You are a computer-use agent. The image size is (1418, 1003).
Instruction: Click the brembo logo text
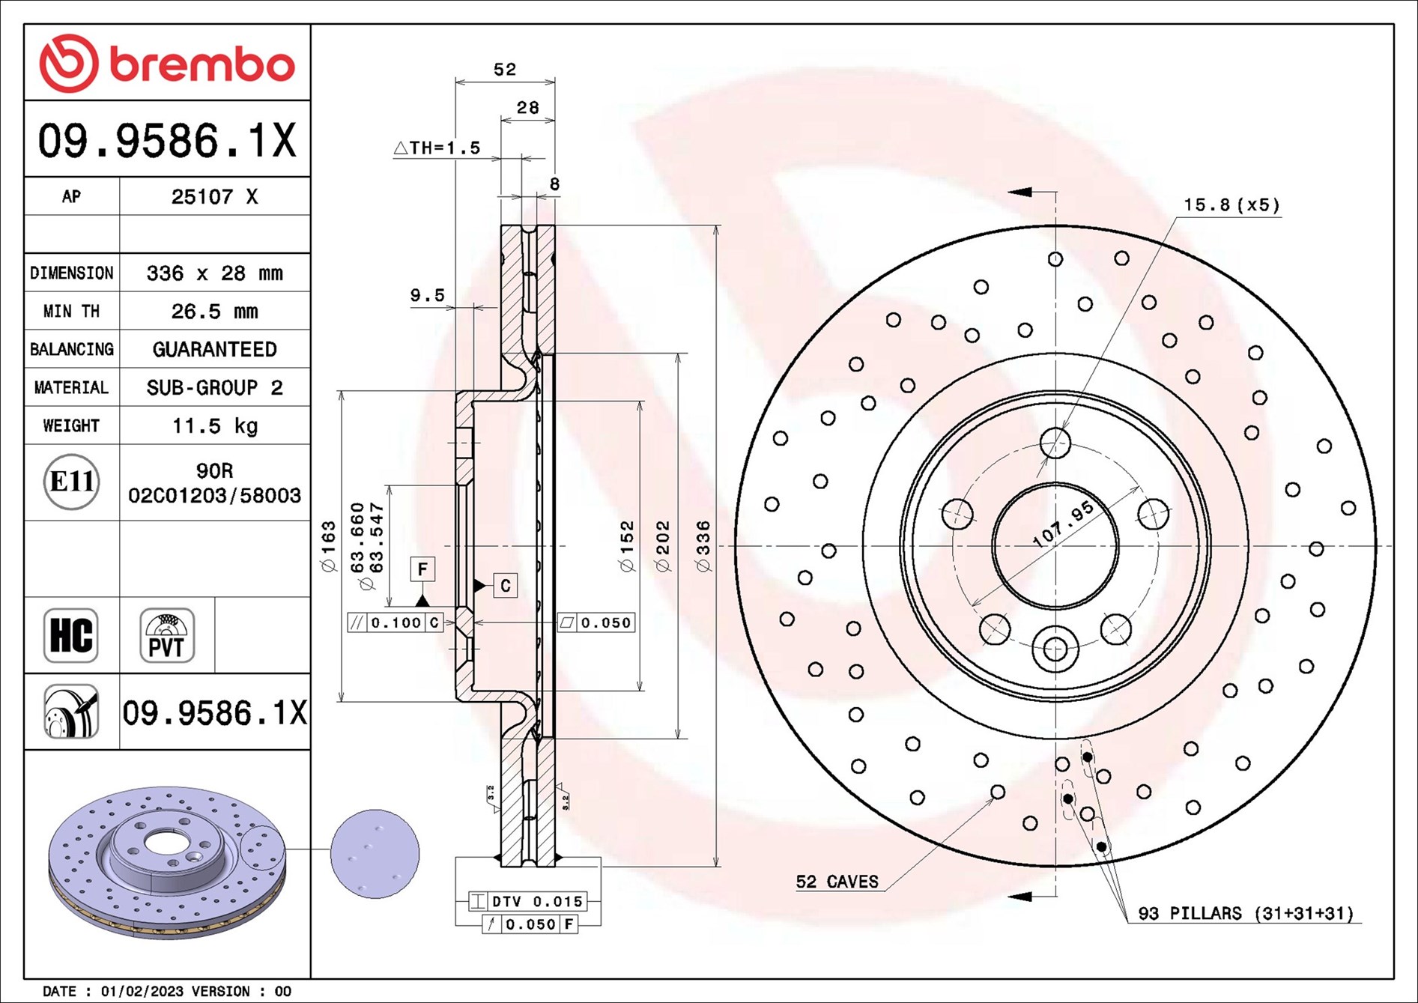pos(202,64)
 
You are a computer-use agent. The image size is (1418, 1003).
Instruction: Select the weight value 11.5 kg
pos(215,426)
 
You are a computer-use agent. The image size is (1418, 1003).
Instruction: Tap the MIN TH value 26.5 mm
pos(215,312)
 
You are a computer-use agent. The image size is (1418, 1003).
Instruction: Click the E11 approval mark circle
pos(72,482)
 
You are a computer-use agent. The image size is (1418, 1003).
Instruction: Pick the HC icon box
pos(71,635)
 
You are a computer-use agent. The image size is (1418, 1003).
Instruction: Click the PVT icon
pos(167,635)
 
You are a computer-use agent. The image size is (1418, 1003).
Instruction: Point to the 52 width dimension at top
pos(505,70)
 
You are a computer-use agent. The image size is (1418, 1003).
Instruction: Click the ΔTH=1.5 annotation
pos(437,148)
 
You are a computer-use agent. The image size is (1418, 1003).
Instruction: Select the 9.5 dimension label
pos(427,296)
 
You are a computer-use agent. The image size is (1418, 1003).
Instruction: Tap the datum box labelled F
pos(422,569)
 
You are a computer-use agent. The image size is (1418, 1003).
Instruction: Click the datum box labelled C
pos(506,586)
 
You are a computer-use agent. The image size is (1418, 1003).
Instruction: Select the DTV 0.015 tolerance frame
pos(527,901)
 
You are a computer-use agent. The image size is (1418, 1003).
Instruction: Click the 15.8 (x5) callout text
pos(1231,204)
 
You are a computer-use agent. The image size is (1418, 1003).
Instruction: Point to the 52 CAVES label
pos(837,882)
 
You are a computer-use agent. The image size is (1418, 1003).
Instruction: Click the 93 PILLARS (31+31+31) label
pos(1246,913)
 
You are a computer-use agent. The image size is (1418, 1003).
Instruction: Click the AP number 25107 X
pos(215,197)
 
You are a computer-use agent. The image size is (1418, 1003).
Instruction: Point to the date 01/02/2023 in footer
pos(142,991)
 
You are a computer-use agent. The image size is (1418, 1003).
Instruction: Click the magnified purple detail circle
pos(375,854)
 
